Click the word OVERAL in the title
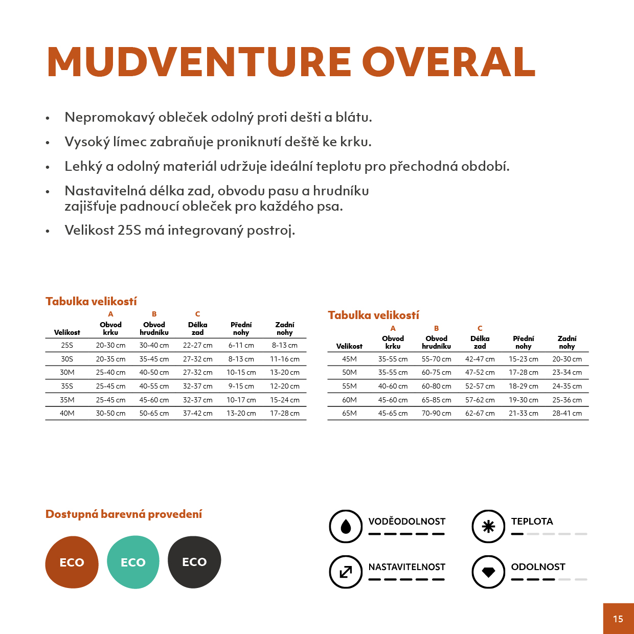(449, 62)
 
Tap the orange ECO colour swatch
(72, 562)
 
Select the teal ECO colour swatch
(133, 562)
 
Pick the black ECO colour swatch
(194, 561)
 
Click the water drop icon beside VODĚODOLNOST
(346, 526)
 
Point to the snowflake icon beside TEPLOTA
(488, 526)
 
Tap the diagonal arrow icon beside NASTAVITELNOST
(346, 572)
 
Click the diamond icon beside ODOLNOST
(488, 572)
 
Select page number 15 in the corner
(618, 619)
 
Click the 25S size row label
(67, 345)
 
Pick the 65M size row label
(349, 413)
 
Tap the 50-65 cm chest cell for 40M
(154, 413)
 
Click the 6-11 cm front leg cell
(241, 345)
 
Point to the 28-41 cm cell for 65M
(567, 413)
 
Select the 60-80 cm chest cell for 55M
(436, 386)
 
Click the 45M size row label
(349, 359)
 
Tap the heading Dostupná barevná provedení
(124, 514)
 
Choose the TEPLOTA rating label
(532, 521)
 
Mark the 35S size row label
(67, 386)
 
